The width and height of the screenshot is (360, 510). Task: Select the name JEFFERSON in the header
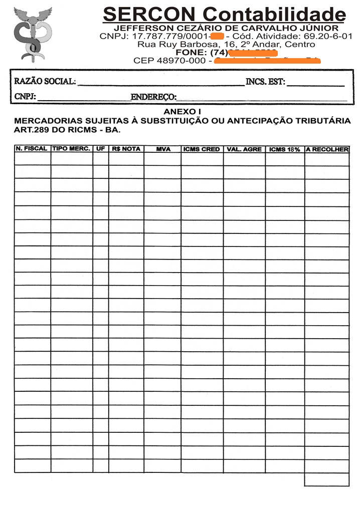[x=142, y=28]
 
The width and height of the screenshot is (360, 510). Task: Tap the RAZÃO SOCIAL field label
[x=45, y=82]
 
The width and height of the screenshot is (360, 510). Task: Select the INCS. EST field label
[x=265, y=82]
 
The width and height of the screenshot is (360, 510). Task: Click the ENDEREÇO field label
[x=153, y=97]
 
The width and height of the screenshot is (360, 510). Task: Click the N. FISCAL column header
[x=32, y=149]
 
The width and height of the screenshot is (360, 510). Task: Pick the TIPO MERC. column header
[x=71, y=149]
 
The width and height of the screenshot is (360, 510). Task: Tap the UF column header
[x=100, y=149]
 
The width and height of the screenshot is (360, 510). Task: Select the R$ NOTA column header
[x=126, y=149]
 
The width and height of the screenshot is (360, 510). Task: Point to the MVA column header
[x=163, y=149]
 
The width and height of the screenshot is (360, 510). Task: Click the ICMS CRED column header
[x=202, y=149]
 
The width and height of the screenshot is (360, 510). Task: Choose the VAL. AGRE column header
[x=244, y=149]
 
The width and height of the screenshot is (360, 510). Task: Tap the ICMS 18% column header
[x=284, y=149]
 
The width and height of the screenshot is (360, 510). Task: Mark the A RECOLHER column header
[x=327, y=149]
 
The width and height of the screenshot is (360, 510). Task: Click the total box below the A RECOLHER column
[x=326, y=479]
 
